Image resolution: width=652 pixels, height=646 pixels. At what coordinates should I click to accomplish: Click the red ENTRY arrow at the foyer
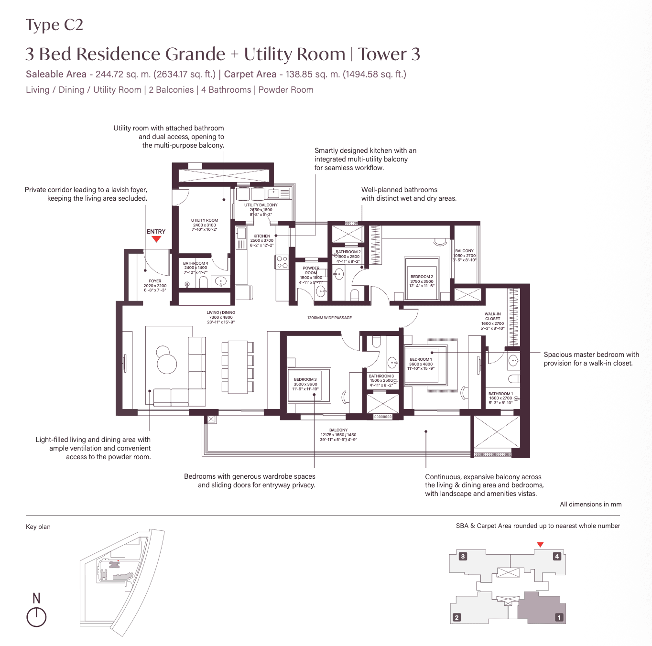156,239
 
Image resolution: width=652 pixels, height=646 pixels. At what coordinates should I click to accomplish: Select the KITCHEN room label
261,236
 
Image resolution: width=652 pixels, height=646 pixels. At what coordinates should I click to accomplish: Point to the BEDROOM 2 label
422,277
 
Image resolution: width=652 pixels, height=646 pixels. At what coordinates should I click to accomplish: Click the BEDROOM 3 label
305,379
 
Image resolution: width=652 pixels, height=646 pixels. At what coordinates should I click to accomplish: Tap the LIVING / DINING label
221,312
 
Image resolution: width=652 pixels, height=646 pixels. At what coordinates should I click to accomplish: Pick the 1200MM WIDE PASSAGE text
329,318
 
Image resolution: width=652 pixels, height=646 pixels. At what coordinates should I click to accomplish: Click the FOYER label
155,281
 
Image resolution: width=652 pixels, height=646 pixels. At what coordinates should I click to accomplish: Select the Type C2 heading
54,25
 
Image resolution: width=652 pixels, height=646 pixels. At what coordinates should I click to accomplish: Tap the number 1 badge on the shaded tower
559,617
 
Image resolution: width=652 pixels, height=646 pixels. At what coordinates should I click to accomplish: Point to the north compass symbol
36,616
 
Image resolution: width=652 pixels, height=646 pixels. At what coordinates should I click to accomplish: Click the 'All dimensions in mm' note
590,504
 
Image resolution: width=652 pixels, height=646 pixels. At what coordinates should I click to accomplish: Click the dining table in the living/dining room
238,366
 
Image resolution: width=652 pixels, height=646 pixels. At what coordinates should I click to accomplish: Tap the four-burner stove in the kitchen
282,262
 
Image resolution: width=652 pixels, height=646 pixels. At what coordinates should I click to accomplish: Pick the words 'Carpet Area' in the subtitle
250,74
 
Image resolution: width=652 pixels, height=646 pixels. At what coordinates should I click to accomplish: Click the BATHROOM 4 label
196,263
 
